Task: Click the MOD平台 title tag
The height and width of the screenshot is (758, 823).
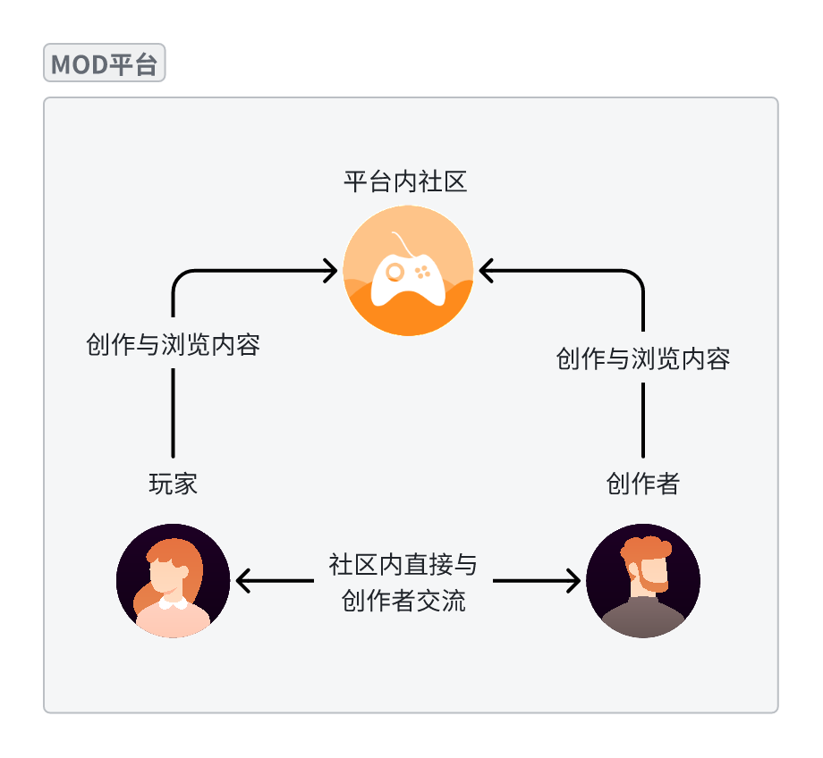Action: click(x=104, y=64)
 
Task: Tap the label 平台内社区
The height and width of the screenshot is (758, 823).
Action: click(x=405, y=183)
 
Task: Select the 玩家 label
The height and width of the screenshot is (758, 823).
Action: click(x=173, y=484)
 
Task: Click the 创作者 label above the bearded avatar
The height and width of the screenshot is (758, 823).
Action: click(x=642, y=484)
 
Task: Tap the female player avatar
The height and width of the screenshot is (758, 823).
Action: click(x=173, y=581)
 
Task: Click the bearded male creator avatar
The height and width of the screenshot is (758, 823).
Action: click(x=642, y=581)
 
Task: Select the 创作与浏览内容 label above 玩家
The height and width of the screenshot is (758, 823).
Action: click(x=173, y=345)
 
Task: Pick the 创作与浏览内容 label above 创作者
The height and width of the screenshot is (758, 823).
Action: click(x=642, y=359)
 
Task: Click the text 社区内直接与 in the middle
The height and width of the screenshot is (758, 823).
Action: click(x=403, y=565)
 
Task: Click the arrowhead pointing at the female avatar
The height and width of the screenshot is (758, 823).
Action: click(x=242, y=582)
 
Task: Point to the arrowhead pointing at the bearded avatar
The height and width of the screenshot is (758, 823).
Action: click(x=573, y=582)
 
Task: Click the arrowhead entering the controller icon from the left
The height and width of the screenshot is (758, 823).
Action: click(x=331, y=270)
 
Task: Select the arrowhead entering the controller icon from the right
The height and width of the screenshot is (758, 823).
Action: click(x=487, y=270)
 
